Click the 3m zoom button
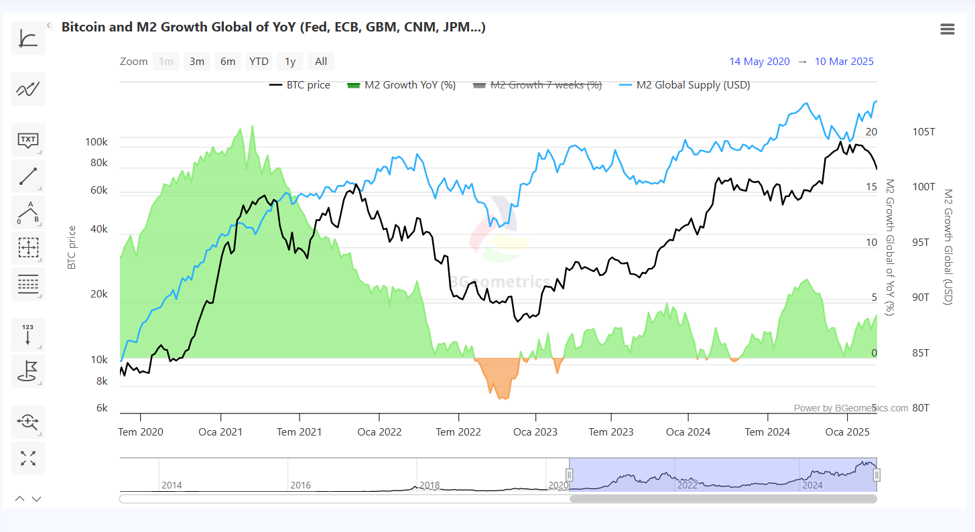pos(196,62)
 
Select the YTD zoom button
pos(259,62)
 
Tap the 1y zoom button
pos(289,62)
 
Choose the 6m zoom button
pos(228,62)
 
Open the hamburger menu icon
pos(947,29)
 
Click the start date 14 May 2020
pos(759,62)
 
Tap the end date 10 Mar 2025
pos(844,62)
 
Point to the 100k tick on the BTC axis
pos(96,142)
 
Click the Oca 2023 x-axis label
pos(535,432)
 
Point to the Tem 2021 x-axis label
pos(299,432)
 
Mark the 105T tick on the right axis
pos(924,132)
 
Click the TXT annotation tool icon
pos(28,140)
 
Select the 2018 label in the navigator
pos(430,485)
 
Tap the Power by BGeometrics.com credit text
pos(851,408)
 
